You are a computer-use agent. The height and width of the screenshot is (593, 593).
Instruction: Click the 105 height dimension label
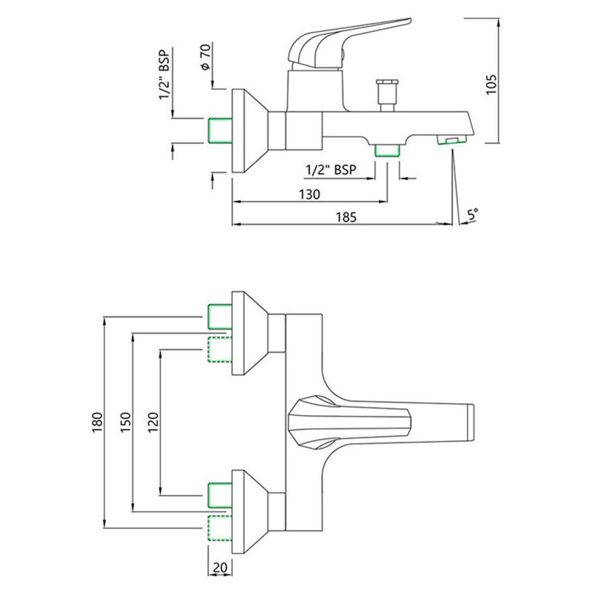pyautogui.click(x=491, y=84)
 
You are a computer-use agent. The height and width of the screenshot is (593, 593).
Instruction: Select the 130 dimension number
pyautogui.click(x=309, y=194)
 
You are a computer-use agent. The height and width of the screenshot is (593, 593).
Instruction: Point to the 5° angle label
pyautogui.click(x=473, y=215)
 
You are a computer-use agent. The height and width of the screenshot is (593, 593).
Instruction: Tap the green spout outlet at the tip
pyautogui.click(x=450, y=140)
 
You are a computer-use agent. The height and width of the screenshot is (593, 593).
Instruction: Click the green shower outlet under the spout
pyautogui.click(x=387, y=150)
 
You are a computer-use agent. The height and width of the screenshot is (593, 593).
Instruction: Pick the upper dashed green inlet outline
pyautogui.click(x=219, y=349)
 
